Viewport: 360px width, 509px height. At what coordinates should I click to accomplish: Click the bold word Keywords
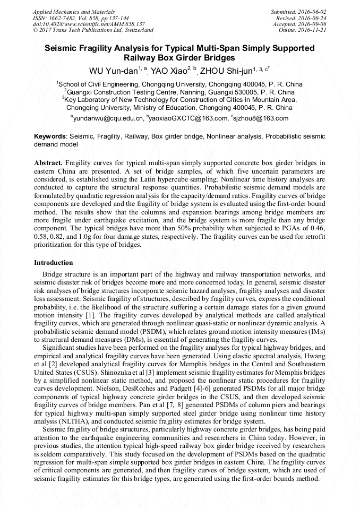point(50,136)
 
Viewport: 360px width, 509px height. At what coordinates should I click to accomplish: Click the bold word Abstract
point(48,162)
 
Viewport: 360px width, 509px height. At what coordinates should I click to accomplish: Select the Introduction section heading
point(54,263)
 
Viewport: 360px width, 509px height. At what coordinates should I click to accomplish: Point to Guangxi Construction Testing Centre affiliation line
point(179,91)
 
